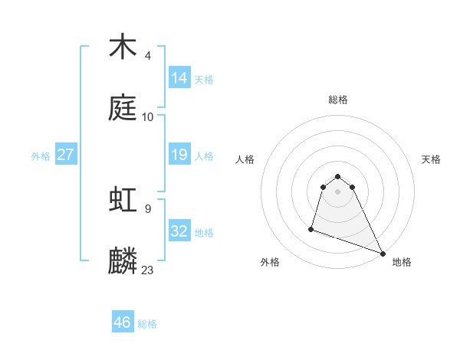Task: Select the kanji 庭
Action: click(x=123, y=107)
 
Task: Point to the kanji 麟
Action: click(x=123, y=260)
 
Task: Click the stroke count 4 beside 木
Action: click(x=148, y=56)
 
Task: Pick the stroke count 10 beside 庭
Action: click(x=148, y=117)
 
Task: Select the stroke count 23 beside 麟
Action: click(x=148, y=270)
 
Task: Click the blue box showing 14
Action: click(x=179, y=77)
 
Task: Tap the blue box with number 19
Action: click(x=179, y=155)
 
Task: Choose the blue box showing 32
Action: click(x=179, y=231)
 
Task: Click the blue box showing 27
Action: click(x=66, y=155)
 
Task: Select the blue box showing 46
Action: click(x=123, y=322)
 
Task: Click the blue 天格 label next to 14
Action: click(x=204, y=79)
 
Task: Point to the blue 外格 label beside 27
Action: click(x=41, y=156)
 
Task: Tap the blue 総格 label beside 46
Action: click(x=147, y=324)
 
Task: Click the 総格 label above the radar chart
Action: click(x=338, y=100)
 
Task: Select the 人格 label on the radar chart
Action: click(x=245, y=159)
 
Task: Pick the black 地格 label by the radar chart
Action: click(x=402, y=262)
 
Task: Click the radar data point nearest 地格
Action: click(x=382, y=254)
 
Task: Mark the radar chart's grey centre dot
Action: click(x=338, y=191)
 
